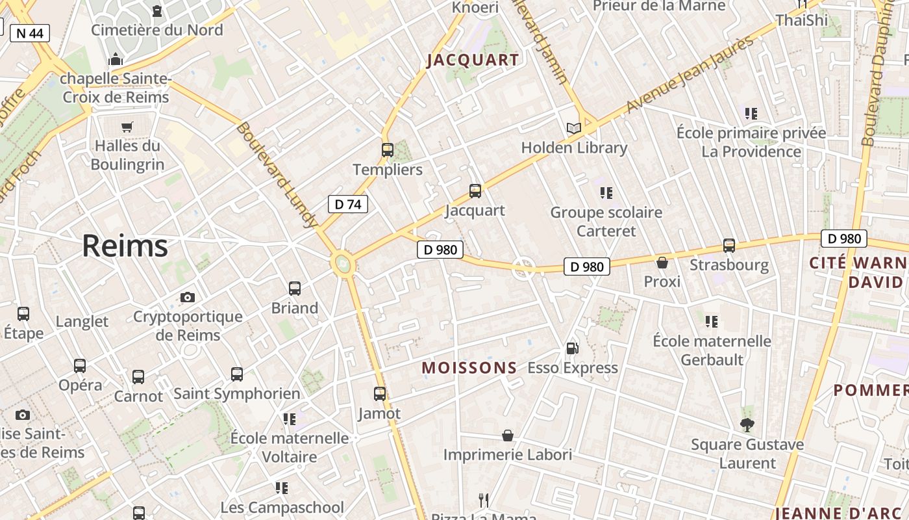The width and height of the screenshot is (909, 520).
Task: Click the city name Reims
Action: point(125,246)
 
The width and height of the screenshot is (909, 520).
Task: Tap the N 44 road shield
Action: point(30,33)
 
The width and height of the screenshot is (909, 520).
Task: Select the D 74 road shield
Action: point(347,204)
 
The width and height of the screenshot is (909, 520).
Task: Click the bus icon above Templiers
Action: point(388,150)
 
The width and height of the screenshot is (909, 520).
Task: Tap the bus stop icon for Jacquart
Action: point(475,191)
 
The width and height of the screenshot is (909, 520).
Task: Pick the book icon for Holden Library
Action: point(574,128)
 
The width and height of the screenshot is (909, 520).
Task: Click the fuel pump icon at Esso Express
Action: point(572,348)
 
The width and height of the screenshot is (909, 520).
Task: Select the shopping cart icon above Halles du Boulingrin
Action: point(127,127)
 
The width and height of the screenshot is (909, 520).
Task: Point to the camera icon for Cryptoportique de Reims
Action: point(188,297)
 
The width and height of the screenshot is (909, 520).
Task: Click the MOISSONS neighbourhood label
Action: point(469,368)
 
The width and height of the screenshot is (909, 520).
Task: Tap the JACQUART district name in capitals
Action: point(473,61)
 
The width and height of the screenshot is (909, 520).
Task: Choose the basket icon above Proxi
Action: point(662,263)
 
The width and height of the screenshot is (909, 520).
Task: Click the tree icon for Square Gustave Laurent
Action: point(747,425)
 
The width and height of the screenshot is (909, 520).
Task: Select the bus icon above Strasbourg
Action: point(729,246)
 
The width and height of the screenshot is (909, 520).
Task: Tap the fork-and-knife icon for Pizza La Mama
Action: point(484,500)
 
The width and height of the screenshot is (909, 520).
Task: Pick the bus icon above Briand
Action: point(295,289)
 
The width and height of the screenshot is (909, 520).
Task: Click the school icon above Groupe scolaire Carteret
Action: point(606,193)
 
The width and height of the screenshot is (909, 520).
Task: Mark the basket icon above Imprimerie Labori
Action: point(508,435)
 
